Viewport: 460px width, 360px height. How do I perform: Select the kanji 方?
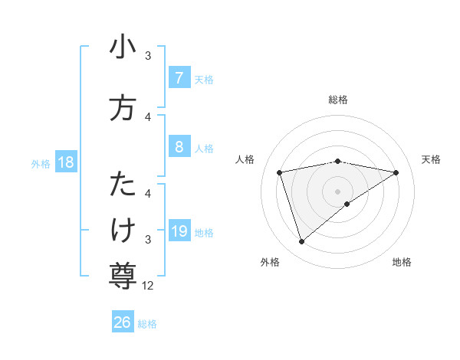click(x=123, y=108)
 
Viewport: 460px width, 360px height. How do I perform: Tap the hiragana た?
click(x=123, y=185)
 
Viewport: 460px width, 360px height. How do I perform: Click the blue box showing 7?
click(x=179, y=78)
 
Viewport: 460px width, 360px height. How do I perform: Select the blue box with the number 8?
click(x=179, y=147)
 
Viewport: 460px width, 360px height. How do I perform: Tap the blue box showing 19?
click(x=179, y=231)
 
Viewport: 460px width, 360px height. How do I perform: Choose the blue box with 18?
click(x=64, y=162)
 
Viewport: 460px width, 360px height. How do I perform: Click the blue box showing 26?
click(x=123, y=322)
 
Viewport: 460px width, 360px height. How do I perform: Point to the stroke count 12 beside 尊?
click(x=148, y=286)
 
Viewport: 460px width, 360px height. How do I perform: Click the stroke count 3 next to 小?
click(x=148, y=56)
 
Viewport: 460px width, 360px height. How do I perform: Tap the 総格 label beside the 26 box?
click(x=147, y=324)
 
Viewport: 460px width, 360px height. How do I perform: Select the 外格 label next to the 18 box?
click(x=41, y=163)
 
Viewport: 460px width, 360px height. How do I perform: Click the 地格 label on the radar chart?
click(x=402, y=262)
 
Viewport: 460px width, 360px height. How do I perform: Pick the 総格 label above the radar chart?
click(x=337, y=100)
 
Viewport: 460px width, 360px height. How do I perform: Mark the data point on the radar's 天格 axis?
click(x=396, y=172)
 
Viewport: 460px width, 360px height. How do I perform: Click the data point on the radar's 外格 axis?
click(x=301, y=241)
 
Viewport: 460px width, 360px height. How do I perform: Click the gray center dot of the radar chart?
click(x=337, y=191)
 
